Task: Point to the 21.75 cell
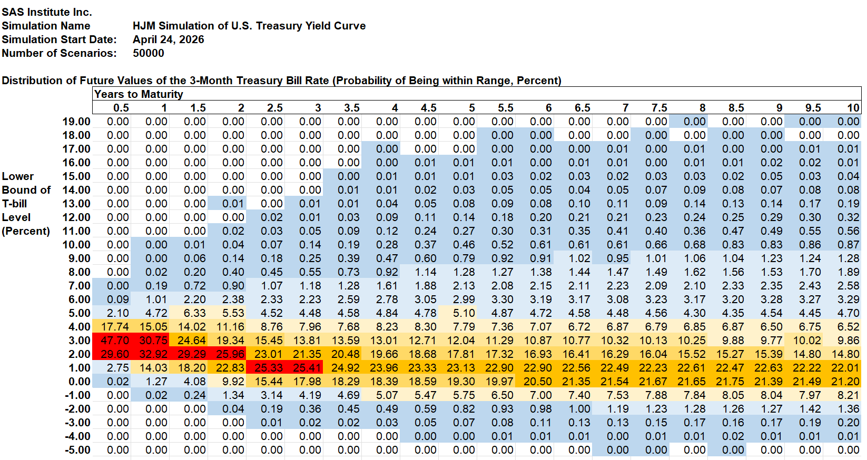pyautogui.click(x=730, y=382)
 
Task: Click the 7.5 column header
pyautogui.click(x=659, y=108)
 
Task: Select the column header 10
pyautogui.click(x=853, y=108)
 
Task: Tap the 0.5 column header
pyautogui.click(x=121, y=108)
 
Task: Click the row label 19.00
pyautogui.click(x=76, y=122)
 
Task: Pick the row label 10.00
pyautogui.click(x=76, y=245)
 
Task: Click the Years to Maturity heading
pyautogui.click(x=139, y=94)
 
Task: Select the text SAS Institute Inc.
pyautogui.click(x=47, y=12)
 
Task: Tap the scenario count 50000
pyautogui.click(x=149, y=53)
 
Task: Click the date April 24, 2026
pyautogui.click(x=168, y=39)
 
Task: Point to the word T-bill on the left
pyautogui.click(x=14, y=204)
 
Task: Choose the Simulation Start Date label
pyautogui.click(x=59, y=39)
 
